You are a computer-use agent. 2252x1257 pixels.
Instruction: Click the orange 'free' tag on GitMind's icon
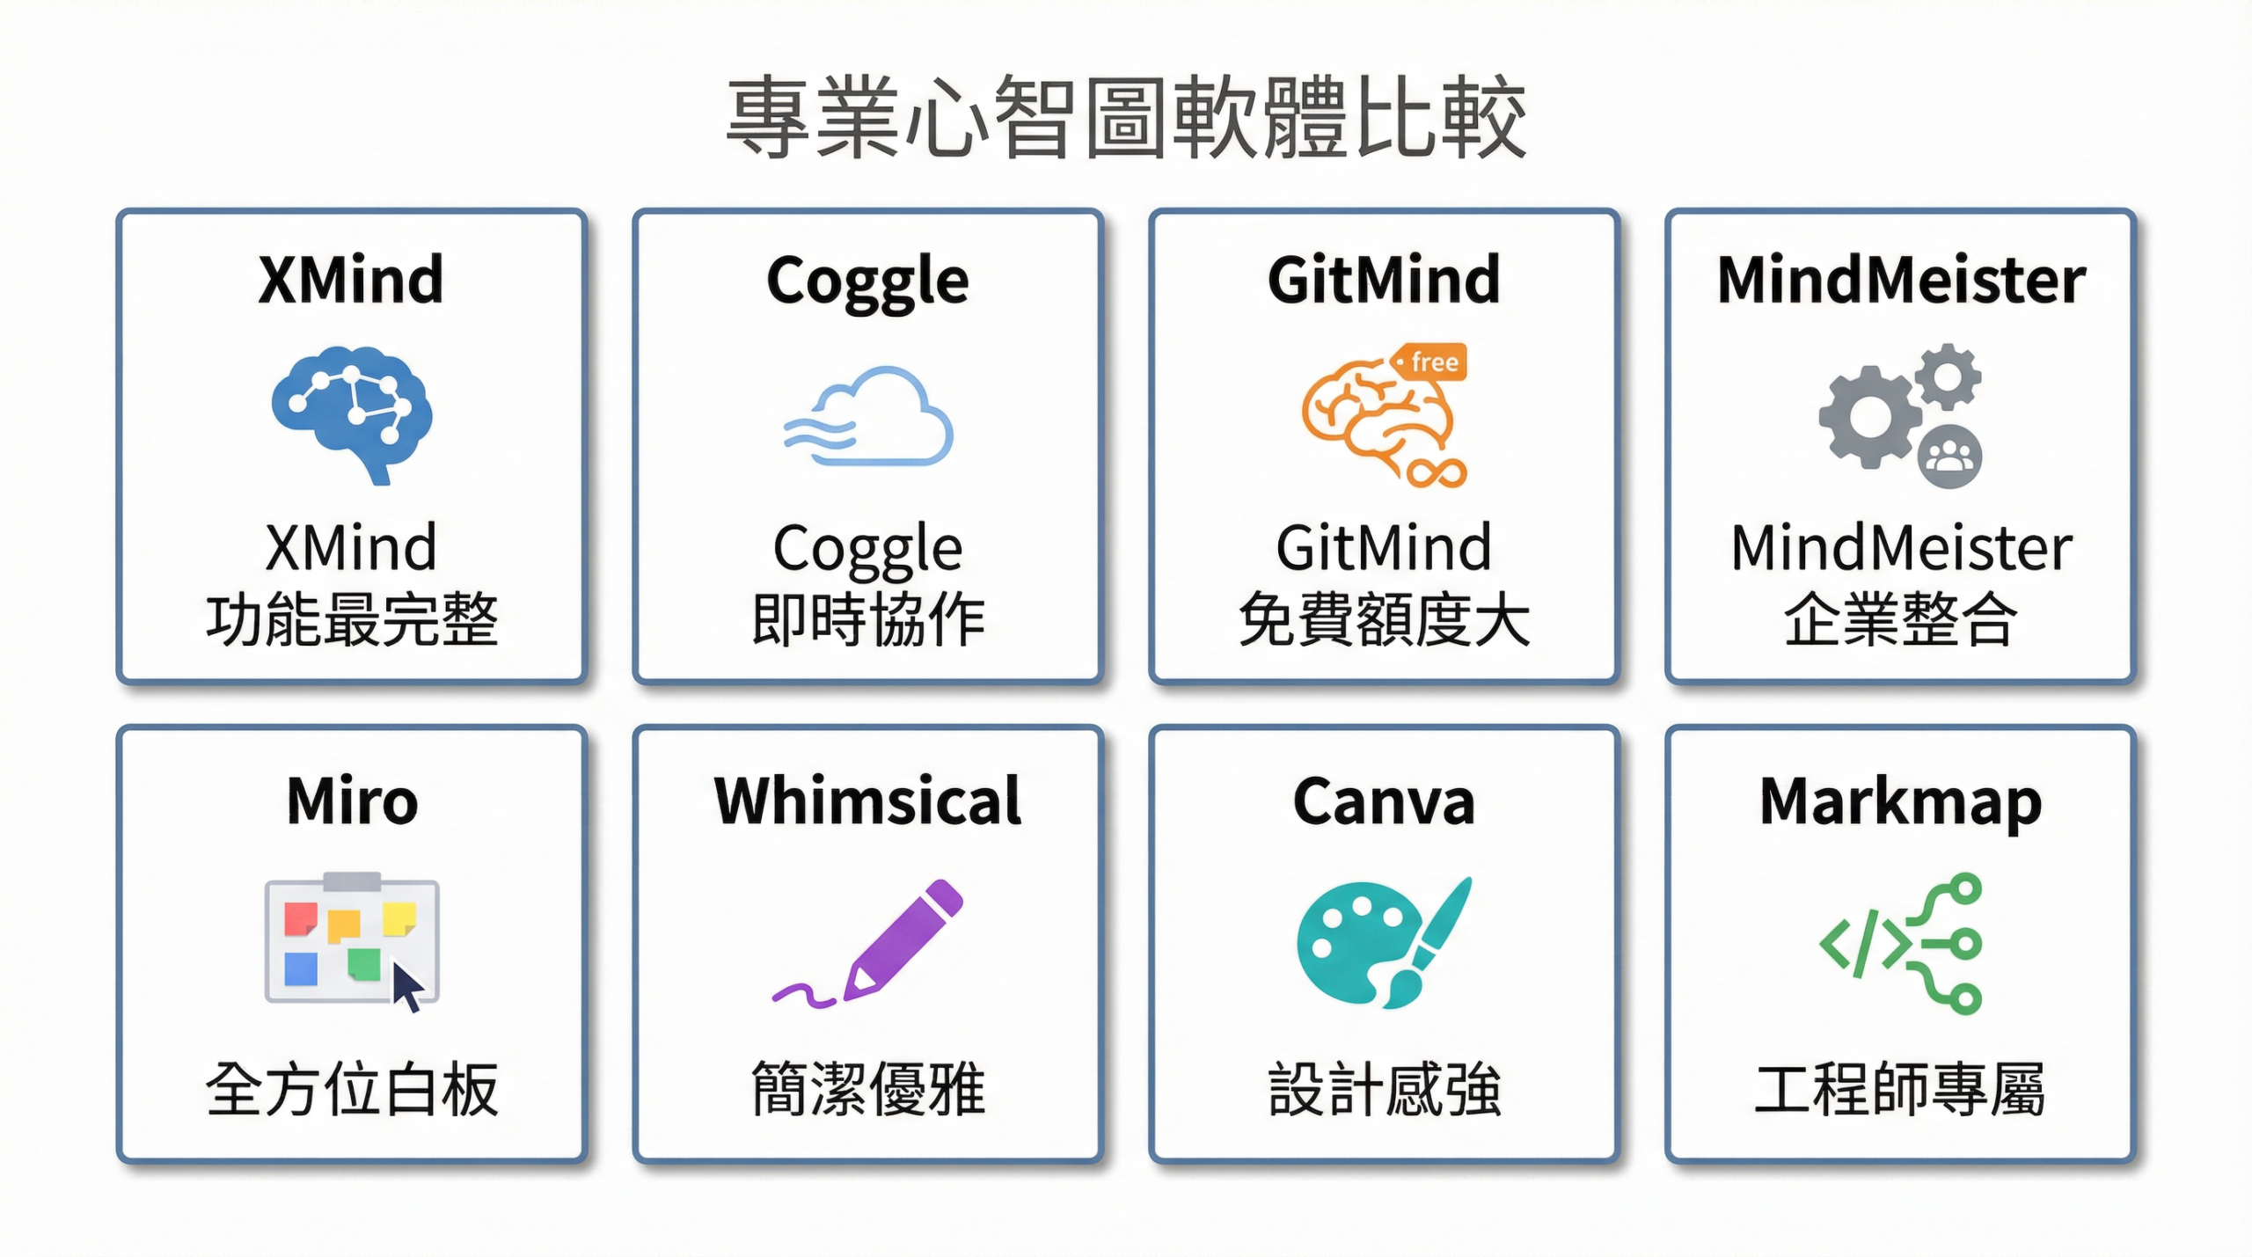(1430, 362)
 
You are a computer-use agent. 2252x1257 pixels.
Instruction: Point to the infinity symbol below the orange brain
(1436, 473)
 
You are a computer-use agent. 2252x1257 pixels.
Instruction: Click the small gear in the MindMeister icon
(1948, 376)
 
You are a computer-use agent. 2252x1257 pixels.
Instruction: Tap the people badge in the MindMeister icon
(1949, 457)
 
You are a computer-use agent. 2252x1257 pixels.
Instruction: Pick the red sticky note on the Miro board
(300, 917)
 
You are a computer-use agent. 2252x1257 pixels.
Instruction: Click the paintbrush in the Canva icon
(1429, 941)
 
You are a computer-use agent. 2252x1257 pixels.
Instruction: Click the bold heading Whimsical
(867, 801)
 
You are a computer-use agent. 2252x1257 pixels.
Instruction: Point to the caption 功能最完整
(352, 620)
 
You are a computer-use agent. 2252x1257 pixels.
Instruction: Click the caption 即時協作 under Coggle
(867, 620)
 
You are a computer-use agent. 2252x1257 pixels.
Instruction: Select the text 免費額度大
(1384, 620)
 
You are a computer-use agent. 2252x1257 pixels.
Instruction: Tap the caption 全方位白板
(352, 1090)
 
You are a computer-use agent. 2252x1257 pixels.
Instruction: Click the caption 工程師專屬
(1900, 1090)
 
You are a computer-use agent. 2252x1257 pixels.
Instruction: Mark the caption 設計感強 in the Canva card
(1384, 1090)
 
